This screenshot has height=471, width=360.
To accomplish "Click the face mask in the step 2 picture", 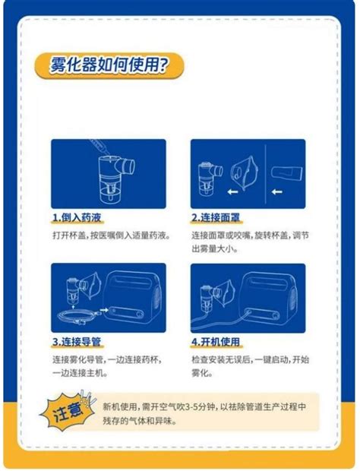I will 242,172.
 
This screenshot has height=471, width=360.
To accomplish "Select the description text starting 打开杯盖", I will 110,235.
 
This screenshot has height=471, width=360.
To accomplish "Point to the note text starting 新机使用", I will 204,413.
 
